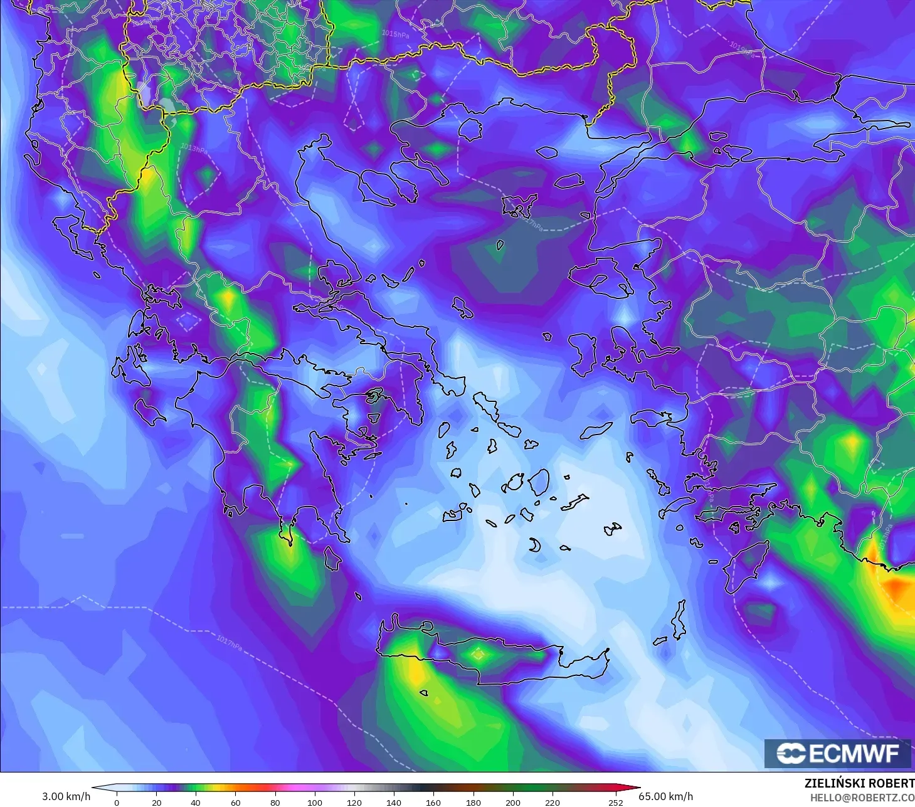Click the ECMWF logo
837,753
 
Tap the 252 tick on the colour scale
616,802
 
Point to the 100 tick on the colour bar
315,802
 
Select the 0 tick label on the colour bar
117,802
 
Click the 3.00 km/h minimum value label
66,796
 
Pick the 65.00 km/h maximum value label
665,796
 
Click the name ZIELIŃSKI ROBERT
859,783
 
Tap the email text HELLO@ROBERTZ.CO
862,798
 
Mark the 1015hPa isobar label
395,34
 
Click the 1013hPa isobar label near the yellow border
193,149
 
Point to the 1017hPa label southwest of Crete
230,642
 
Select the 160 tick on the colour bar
433,802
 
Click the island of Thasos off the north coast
470,129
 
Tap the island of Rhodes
744,567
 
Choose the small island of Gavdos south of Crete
424,693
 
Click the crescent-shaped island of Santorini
534,545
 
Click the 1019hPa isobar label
741,48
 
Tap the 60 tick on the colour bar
235,802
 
